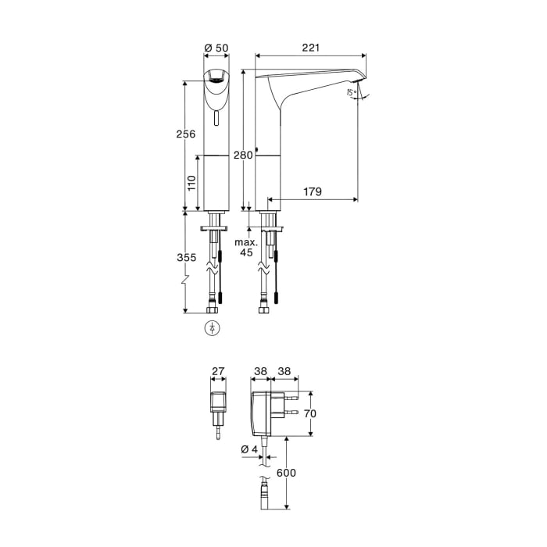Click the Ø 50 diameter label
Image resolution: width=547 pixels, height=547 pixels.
(x=216, y=48)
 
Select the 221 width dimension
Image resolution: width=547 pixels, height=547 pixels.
(x=311, y=48)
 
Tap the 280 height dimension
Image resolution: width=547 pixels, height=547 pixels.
(x=243, y=156)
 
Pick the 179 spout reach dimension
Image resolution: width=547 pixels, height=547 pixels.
(x=313, y=191)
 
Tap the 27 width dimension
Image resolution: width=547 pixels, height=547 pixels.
(x=219, y=373)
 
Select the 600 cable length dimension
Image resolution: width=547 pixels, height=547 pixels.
(x=285, y=473)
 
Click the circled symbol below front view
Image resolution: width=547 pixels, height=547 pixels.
(x=211, y=327)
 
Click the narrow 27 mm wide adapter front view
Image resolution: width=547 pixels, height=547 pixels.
(x=218, y=403)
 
